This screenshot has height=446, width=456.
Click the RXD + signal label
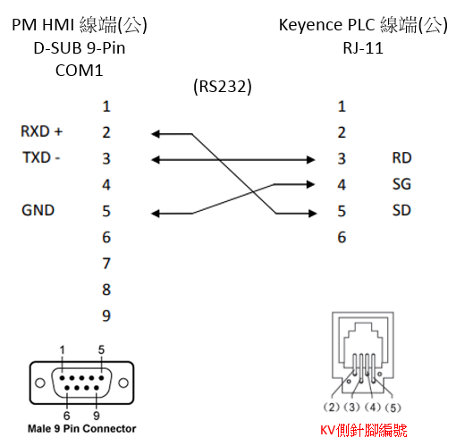41,131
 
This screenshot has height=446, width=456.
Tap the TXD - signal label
41,157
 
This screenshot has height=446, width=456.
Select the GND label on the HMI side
38,210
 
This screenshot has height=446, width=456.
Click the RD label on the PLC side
401,158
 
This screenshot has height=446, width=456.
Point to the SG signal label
401,184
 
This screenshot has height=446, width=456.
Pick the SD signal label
401,210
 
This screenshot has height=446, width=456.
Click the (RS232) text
223,87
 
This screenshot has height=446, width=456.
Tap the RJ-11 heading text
363,48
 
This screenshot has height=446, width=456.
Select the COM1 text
80,71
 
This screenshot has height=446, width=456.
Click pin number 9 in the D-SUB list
106,316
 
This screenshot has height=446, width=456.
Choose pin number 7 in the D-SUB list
106,264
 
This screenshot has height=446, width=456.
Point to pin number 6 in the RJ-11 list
342,238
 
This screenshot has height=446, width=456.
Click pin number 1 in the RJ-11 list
342,106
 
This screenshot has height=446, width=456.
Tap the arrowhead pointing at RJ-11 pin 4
310,184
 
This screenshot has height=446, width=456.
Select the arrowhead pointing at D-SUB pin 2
156,134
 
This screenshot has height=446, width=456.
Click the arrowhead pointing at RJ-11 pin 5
313,214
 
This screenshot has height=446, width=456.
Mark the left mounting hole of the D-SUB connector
40,383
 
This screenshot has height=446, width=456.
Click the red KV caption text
364,430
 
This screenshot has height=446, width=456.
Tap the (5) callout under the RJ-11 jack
393,408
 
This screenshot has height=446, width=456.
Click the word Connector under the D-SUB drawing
109,429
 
